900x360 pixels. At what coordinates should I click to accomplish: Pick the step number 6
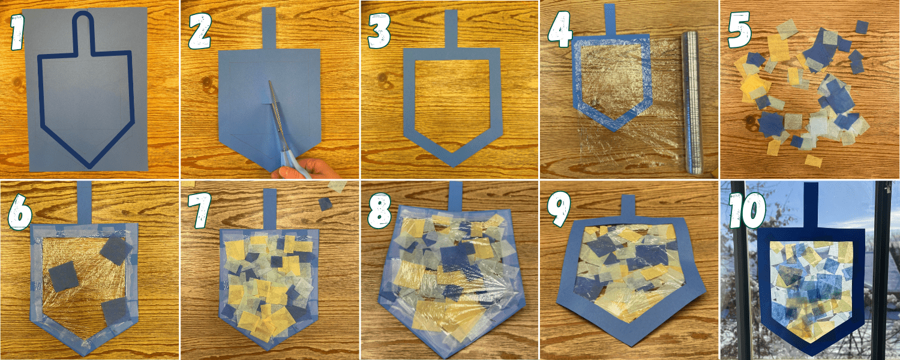coord(20,211)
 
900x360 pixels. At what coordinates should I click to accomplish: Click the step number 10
coord(746,211)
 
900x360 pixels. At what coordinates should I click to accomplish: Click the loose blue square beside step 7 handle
coord(325,204)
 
